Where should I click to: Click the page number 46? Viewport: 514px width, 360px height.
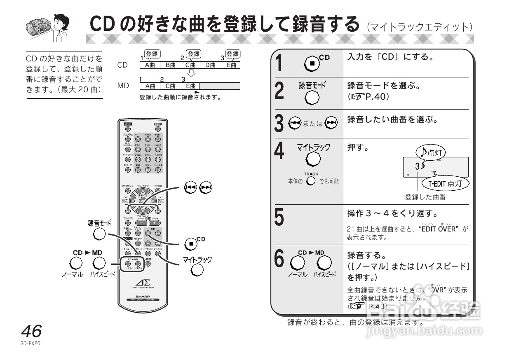click(31, 331)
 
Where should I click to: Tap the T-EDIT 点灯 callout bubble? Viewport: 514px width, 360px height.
click(447, 184)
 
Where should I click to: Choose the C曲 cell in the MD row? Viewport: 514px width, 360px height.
click(170, 86)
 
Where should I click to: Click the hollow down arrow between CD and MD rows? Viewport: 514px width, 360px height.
click(191, 73)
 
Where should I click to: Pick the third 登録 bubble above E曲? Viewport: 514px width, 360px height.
click(233, 54)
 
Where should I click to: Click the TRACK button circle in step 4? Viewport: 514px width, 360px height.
click(311, 181)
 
